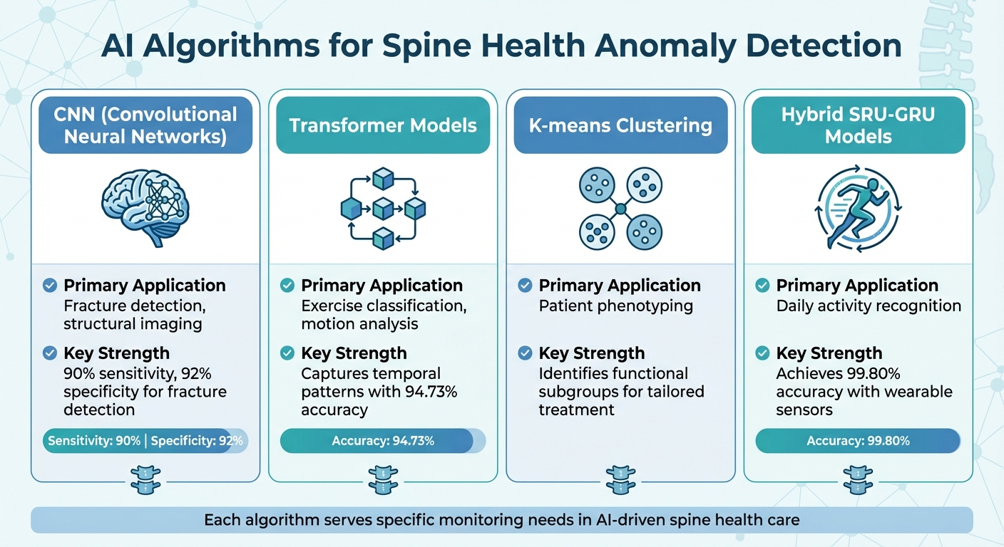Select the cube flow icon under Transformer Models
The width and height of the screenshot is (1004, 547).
click(x=383, y=208)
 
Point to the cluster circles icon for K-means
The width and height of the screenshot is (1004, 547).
click(x=620, y=208)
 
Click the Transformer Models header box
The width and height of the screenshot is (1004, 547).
click(x=383, y=125)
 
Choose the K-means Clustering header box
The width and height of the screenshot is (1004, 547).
click(x=620, y=125)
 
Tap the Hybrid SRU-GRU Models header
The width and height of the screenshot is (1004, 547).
click(x=858, y=125)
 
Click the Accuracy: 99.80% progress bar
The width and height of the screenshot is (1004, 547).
click(x=858, y=441)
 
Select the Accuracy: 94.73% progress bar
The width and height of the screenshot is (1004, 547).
click(x=383, y=441)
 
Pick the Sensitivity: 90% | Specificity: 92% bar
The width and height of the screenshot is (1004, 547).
click(x=145, y=441)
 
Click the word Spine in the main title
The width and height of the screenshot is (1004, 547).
click(x=420, y=47)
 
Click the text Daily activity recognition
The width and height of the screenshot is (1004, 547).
click(x=869, y=306)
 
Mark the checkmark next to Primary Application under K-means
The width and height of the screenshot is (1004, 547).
click(x=525, y=286)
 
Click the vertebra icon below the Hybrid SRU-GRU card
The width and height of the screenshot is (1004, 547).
click(x=858, y=479)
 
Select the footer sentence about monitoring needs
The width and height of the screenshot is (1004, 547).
click(x=501, y=520)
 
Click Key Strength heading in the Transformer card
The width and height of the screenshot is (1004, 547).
click(x=354, y=353)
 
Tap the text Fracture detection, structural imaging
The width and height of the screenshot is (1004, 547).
click(x=133, y=315)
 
